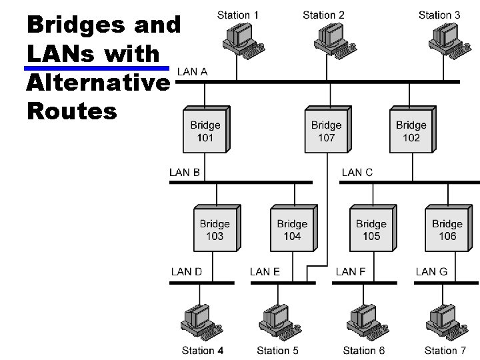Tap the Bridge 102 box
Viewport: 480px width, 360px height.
[x=411, y=131]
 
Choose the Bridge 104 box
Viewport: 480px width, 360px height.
[x=292, y=229]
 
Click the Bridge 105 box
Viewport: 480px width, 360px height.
[x=371, y=229]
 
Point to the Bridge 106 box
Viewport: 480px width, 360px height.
[x=447, y=229]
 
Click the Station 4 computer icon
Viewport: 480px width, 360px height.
[x=199, y=321]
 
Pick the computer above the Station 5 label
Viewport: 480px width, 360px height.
[x=275, y=321]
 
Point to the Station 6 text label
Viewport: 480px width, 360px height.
[x=364, y=350]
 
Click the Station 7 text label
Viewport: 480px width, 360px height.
[x=445, y=350]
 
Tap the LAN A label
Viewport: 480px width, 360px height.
[x=192, y=72]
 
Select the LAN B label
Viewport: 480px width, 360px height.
[x=185, y=173]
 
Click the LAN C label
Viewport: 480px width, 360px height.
[x=357, y=173]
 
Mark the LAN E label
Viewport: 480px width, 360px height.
[x=265, y=271]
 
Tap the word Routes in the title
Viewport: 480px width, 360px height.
[x=72, y=111]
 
